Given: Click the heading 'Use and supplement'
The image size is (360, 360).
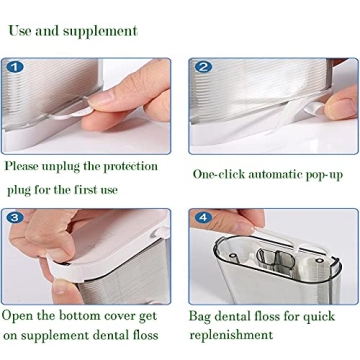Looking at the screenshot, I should pyautogui.click(x=72, y=30).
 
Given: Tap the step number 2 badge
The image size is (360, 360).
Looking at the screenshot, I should pyautogui.click(x=204, y=68).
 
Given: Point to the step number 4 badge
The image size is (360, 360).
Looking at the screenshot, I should pyautogui.click(x=203, y=217).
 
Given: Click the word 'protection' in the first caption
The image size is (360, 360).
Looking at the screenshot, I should pyautogui.click(x=148, y=165).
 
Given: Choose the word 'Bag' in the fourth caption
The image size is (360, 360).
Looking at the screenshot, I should pyautogui.click(x=203, y=316).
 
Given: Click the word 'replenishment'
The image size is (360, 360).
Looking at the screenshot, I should pyautogui.click(x=238, y=336).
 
